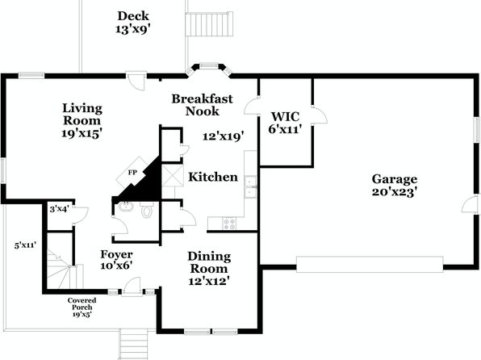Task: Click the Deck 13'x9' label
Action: coord(133,23)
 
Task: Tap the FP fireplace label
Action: coord(132,173)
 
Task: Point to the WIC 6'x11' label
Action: coord(285,123)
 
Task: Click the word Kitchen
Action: coord(213,177)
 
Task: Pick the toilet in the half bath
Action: coord(147,210)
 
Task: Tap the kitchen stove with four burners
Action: coord(229,223)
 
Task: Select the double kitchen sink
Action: coord(251,187)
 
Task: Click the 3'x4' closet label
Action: coord(59,209)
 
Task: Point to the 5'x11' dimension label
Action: coord(25,245)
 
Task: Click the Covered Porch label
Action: coord(82,307)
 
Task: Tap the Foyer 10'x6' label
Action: coord(116,260)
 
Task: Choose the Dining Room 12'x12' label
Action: coord(209,269)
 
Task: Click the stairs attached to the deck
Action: coord(209,24)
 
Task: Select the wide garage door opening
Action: coord(370,264)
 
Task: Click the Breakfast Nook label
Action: coord(202,105)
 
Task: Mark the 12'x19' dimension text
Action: coord(224,136)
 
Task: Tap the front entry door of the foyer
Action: coord(132,287)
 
